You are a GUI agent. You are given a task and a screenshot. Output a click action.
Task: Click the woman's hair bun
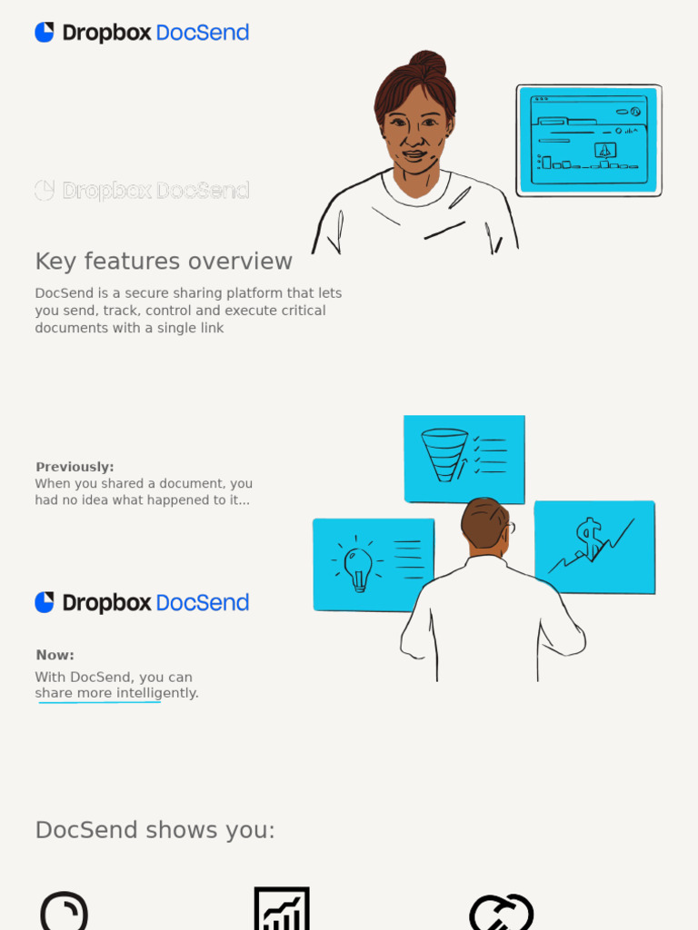[428, 63]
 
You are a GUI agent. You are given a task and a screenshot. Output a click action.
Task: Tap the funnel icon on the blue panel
[444, 453]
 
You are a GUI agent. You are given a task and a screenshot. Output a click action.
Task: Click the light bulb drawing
[358, 568]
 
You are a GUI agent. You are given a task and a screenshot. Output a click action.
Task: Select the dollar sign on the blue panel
[589, 539]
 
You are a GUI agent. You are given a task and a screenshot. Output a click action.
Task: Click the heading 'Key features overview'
[164, 262]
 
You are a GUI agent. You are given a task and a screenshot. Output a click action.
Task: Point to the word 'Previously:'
[75, 467]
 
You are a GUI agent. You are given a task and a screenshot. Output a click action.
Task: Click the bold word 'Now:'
[55, 655]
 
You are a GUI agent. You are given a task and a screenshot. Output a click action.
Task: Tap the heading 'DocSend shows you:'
[155, 830]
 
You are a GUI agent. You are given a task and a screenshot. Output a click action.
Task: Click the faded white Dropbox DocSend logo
[142, 191]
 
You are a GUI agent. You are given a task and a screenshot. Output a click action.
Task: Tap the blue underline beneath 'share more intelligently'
[100, 702]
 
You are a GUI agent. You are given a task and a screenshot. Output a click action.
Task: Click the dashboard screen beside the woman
[589, 140]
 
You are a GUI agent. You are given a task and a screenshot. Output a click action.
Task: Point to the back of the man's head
[484, 522]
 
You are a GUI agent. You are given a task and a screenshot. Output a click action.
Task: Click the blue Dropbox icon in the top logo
[45, 33]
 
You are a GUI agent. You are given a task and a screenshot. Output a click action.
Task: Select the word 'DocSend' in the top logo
[202, 33]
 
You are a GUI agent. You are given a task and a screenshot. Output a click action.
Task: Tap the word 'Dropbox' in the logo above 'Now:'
[106, 603]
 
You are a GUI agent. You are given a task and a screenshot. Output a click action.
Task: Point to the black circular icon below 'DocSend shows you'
[65, 912]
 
